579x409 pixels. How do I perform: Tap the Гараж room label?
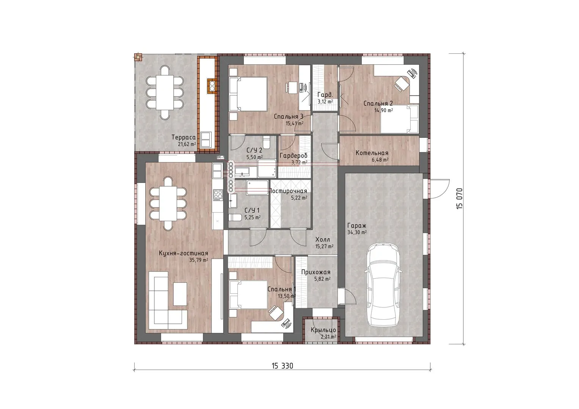(x=357, y=226)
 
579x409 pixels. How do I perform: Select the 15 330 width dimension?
(x=282, y=366)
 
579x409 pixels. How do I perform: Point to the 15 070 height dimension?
(x=459, y=198)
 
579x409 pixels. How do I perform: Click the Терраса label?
(x=184, y=137)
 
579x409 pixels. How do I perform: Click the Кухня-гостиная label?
(x=183, y=253)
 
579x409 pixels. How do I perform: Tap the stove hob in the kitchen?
(x=218, y=195)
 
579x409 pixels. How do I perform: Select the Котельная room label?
(x=372, y=153)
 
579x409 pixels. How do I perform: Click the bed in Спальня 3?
(x=248, y=94)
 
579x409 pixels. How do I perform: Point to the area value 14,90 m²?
(x=384, y=110)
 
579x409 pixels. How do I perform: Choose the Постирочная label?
(x=288, y=191)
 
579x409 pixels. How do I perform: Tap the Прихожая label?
(x=316, y=272)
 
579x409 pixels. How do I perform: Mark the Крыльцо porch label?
(x=323, y=330)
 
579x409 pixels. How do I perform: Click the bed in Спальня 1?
(x=248, y=294)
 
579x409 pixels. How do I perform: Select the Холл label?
(x=323, y=240)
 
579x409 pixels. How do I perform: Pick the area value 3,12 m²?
(x=325, y=102)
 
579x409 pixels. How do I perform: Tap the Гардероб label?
(x=293, y=156)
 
